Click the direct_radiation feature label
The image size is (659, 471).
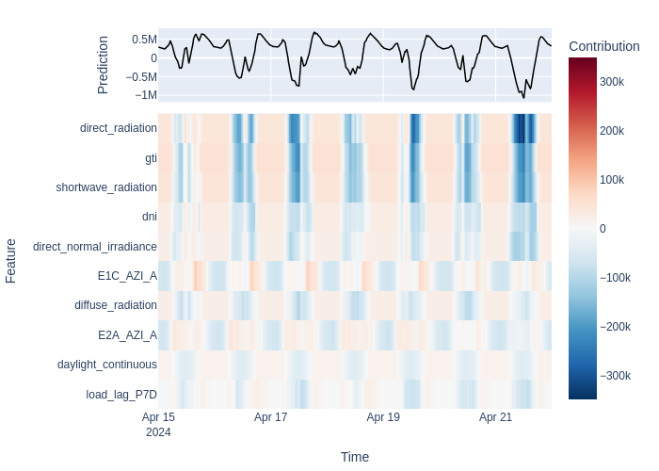click(118, 128)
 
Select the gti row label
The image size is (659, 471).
click(151, 158)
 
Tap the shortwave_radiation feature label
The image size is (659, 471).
click(106, 187)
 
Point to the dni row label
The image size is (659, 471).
click(150, 216)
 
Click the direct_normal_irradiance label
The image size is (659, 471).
click(95, 247)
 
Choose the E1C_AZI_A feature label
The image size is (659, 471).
click(127, 276)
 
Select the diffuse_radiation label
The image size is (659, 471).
click(116, 305)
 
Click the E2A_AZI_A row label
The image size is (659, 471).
click(127, 335)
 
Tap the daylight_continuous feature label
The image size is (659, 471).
click(107, 365)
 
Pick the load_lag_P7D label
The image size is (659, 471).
click(121, 395)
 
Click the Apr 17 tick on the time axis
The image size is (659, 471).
click(271, 417)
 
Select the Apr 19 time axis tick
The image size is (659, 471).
click(383, 417)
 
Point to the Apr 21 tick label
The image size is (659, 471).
click(495, 417)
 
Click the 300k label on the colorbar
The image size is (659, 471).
click(612, 82)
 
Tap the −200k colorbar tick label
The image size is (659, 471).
click(616, 327)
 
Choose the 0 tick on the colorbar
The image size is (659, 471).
click(603, 229)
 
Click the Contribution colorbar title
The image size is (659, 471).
click(604, 46)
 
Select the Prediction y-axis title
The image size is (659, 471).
click(103, 65)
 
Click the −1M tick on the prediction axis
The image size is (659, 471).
click(146, 95)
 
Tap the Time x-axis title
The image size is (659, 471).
click(355, 457)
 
